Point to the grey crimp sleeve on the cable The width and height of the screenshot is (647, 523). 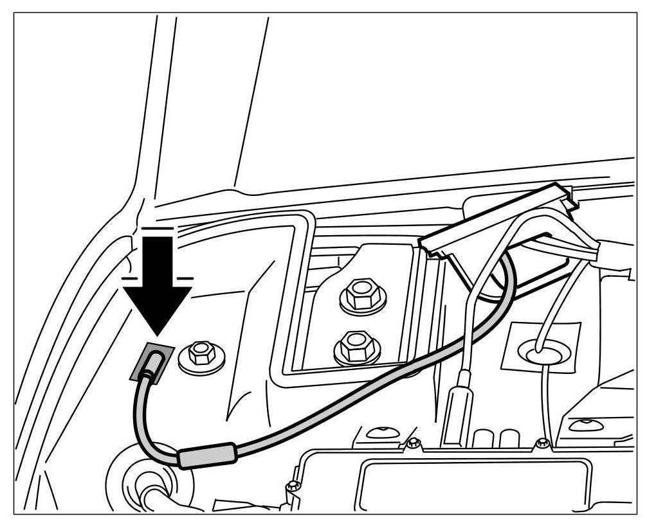(x=206, y=457)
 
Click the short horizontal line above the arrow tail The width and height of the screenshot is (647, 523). (x=158, y=228)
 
